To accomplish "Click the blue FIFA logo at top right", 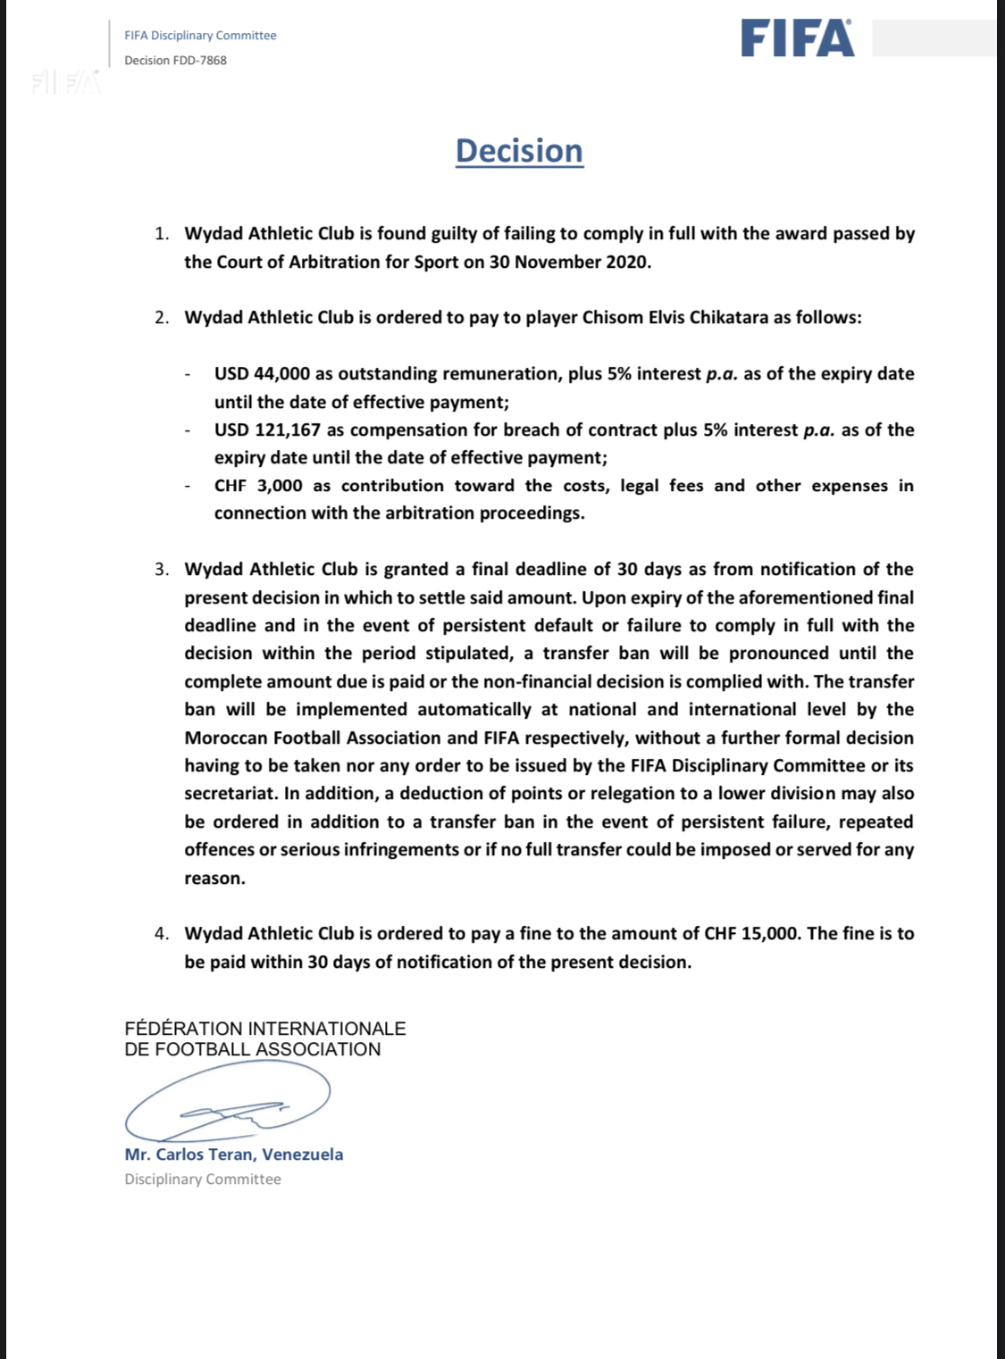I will point(797,39).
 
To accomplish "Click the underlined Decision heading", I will point(519,151).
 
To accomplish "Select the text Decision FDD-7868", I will point(175,61).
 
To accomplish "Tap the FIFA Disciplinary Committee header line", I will point(200,36).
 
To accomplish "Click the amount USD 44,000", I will point(262,373).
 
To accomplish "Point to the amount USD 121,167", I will point(267,429).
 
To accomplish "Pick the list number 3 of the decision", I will point(161,570).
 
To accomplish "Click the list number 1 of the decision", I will point(161,234).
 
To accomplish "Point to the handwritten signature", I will point(229,1103).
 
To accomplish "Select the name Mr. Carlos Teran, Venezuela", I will point(233,1155).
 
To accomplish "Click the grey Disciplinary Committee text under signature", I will point(203,1180).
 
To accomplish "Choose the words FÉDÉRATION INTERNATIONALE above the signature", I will point(264,1029).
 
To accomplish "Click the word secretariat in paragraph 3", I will point(229,794).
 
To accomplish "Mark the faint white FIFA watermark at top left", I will point(65,83).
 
